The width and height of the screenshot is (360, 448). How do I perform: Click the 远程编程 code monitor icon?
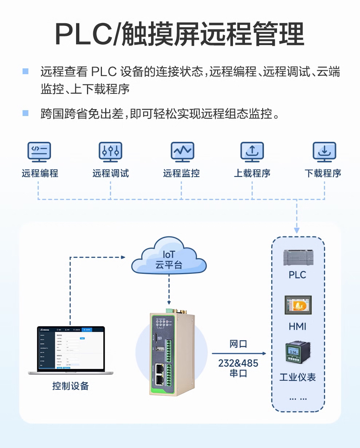click(x=39, y=152)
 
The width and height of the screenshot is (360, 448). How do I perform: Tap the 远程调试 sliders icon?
click(x=110, y=152)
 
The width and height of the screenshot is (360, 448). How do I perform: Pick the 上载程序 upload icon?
click(x=252, y=152)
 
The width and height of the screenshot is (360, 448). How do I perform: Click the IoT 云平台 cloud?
click(x=169, y=256)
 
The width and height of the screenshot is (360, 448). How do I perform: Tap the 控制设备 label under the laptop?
click(x=71, y=386)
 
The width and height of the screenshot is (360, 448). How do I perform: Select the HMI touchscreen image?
click(x=298, y=305)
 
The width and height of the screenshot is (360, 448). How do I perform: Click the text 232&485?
click(x=238, y=363)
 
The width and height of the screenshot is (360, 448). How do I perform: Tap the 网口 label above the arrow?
click(x=238, y=344)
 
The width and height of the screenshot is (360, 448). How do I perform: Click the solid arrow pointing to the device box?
click(x=239, y=353)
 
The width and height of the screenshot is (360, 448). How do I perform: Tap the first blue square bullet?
click(x=25, y=71)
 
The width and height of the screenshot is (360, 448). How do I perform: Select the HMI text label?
click(x=297, y=327)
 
